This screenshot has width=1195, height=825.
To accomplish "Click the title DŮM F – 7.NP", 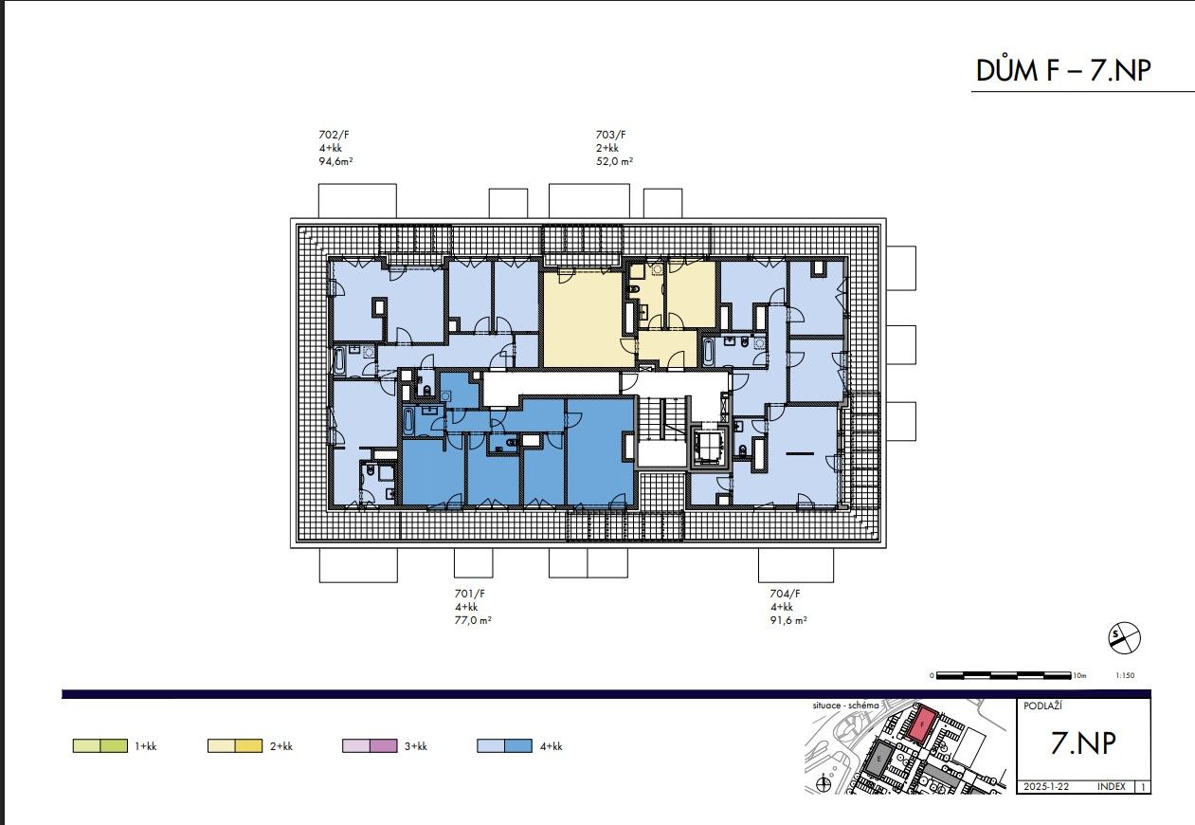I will point(1064,70).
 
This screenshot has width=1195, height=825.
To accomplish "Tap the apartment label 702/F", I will point(335,135).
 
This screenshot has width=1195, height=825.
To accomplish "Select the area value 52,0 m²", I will point(613,161).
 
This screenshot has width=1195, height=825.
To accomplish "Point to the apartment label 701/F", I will point(470,594).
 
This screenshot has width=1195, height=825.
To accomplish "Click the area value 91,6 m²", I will point(788,620).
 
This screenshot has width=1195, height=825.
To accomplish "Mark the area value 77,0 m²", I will point(473,620).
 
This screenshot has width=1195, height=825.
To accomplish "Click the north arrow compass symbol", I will point(1124,638).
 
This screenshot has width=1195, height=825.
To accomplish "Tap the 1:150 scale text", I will point(1125,676).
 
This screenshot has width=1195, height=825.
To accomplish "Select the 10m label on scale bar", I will point(1079,676).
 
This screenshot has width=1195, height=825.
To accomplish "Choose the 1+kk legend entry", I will point(114,746).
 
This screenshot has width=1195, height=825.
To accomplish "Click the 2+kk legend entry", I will point(248,746).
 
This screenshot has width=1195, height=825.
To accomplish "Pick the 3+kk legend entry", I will point(383,746).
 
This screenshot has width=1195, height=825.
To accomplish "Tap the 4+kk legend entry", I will point(518,746).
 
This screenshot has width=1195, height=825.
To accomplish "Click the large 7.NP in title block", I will point(1082,744).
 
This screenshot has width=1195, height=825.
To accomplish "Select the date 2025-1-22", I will point(1045,787).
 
